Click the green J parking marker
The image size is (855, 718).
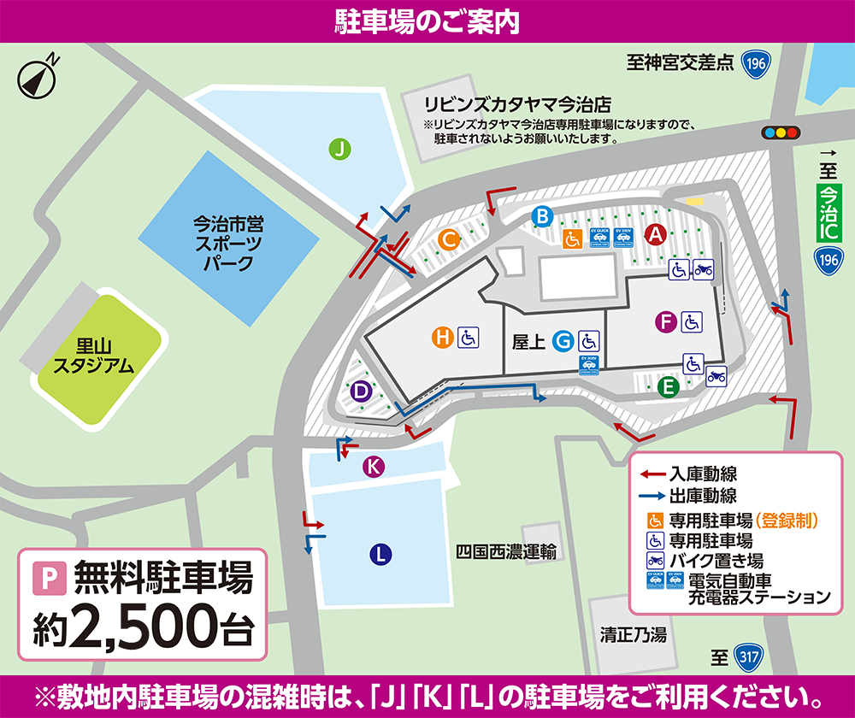340,150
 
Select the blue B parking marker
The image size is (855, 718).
541,216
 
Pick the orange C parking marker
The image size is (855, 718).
446,240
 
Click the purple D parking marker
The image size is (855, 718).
362,391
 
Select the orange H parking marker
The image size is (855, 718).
442,338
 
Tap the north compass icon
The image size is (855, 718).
36,78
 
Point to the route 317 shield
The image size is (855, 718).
746,657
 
